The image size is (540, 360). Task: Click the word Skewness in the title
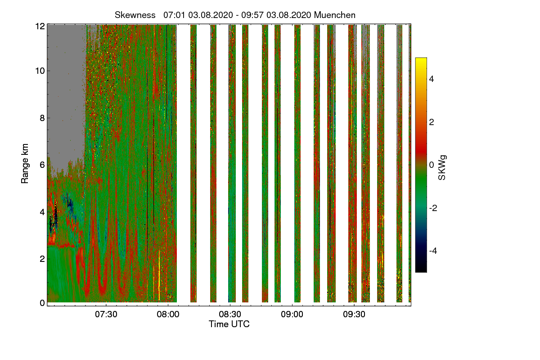135,15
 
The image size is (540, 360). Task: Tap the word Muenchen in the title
335,15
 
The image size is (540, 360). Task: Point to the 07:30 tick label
106,314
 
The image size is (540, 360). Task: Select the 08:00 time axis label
168,314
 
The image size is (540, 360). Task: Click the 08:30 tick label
230,314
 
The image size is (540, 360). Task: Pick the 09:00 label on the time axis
292,314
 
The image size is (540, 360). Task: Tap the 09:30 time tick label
354,314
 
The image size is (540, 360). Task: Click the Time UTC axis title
229,324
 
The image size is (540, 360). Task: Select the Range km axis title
25,163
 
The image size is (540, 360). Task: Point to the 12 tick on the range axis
40,26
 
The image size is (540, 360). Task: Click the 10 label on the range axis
40,71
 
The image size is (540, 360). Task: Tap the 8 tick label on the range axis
42,118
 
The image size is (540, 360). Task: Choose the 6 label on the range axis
42,165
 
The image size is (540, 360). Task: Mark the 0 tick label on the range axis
42,303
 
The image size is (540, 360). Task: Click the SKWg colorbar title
442,167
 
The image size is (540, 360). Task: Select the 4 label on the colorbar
432,79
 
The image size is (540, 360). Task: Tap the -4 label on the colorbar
433,251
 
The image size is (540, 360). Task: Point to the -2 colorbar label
433,208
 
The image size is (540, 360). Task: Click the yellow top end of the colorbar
421,58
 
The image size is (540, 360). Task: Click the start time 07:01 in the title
174,15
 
